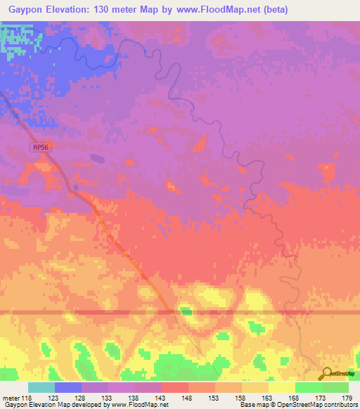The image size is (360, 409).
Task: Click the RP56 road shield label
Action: tap(41, 147)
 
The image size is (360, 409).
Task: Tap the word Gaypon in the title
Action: tap(25, 10)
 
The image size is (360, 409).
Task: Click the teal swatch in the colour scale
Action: tap(41, 387)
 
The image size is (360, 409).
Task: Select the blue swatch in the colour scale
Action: tap(68, 387)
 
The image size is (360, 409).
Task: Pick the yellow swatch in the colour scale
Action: tap(282, 387)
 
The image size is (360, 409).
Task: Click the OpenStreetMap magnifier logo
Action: tap(326, 373)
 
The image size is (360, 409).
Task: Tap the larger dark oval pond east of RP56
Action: tap(97, 158)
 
